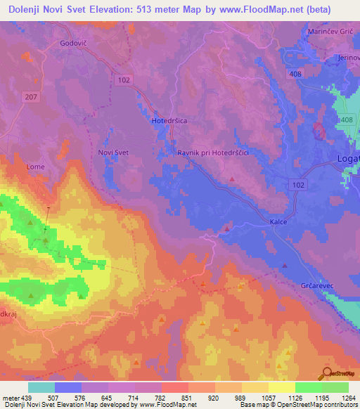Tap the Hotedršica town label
coord(169,121)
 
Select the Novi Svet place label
coord(112,152)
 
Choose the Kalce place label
coord(278,221)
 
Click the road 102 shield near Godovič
coord(124,80)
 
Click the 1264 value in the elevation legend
coord(339,398)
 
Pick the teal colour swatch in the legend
coord(41,387)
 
